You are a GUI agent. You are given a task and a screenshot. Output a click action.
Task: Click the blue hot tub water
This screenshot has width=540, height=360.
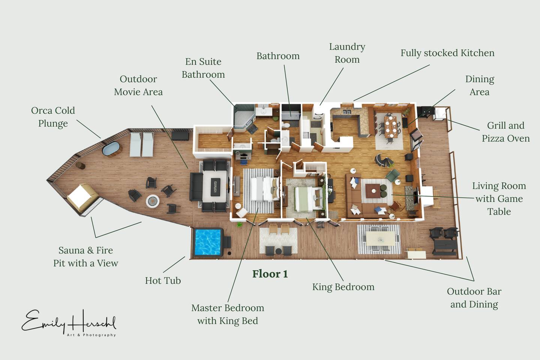coord(208,242)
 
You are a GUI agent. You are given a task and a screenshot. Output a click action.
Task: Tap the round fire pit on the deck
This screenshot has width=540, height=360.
coord(153,201)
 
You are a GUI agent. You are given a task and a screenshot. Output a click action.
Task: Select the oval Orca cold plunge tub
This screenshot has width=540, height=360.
coord(111,148)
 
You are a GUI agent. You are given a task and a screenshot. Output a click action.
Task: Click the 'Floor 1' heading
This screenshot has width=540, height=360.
coord(270,274)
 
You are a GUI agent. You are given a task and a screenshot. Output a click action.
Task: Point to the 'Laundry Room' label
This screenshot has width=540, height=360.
coord(347,53)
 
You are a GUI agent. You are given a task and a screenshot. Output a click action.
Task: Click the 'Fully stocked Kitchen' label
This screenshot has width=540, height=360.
coord(447,53)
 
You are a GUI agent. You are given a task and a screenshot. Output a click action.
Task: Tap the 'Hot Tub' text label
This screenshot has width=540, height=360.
coord(163,280)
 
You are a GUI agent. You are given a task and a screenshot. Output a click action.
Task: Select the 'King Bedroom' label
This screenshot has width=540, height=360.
coord(343,287)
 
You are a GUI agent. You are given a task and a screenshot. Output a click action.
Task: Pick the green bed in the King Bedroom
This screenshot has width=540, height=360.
coord(309,199)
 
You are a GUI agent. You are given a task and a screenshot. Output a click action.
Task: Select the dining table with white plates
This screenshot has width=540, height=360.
coord(390,127)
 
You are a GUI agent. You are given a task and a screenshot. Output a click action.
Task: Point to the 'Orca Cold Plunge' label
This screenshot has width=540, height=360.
coord(53,117)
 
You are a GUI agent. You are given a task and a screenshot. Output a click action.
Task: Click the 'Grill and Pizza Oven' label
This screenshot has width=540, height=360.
coord(505,132)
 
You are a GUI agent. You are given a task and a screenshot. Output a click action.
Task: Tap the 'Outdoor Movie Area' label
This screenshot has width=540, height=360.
coord(138,85)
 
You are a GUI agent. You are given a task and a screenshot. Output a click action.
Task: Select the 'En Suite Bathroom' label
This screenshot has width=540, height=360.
coord(203,68)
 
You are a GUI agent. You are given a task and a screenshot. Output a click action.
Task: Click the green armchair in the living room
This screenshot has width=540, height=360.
coord(393,175)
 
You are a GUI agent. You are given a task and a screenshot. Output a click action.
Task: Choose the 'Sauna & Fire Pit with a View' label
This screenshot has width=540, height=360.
coord(85,256)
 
